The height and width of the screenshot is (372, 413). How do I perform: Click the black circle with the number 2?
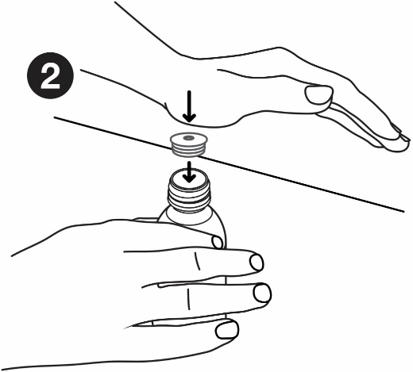click(50, 75)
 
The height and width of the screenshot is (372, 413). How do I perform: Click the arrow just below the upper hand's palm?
click(189, 106)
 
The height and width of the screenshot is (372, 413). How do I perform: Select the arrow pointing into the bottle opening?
click(189, 172)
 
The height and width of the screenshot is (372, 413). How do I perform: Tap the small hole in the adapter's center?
click(188, 137)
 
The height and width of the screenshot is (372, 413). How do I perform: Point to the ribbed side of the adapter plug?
click(188, 149)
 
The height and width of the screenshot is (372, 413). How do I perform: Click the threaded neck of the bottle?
click(189, 196)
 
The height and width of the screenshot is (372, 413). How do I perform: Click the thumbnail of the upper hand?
click(318, 94)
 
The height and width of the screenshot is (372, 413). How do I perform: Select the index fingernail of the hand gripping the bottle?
click(218, 242)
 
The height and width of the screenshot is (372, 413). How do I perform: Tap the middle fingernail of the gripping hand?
click(257, 263)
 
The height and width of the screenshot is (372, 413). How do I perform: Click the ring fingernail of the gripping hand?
click(262, 293)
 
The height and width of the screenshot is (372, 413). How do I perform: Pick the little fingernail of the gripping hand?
click(226, 330)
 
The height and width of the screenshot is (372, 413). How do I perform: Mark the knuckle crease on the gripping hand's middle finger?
click(197, 261)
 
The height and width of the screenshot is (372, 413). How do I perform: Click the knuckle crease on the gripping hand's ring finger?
click(188, 299)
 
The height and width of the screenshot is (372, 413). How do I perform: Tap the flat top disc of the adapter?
click(188, 138)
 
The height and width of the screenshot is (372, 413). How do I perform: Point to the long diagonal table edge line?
click(229, 164)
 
